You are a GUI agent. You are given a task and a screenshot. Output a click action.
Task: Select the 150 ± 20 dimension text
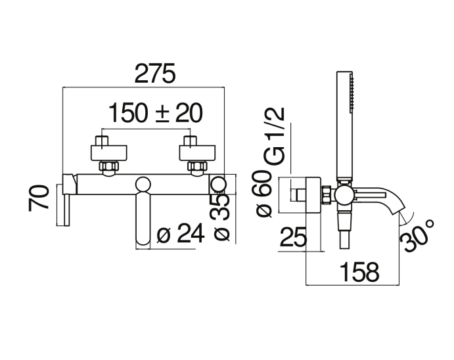[x=156, y=113]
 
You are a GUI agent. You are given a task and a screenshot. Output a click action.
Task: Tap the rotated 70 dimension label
[x=39, y=198]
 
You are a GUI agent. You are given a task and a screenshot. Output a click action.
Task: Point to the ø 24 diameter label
[x=181, y=233]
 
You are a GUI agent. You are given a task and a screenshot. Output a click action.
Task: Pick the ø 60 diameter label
[x=263, y=193]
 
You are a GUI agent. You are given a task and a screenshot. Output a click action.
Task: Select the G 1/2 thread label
[x=275, y=136]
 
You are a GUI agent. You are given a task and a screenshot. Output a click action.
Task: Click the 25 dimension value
[x=293, y=236]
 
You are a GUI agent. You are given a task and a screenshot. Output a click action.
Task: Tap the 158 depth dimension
[x=359, y=272]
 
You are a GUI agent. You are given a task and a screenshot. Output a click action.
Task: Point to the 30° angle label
[x=417, y=236]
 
